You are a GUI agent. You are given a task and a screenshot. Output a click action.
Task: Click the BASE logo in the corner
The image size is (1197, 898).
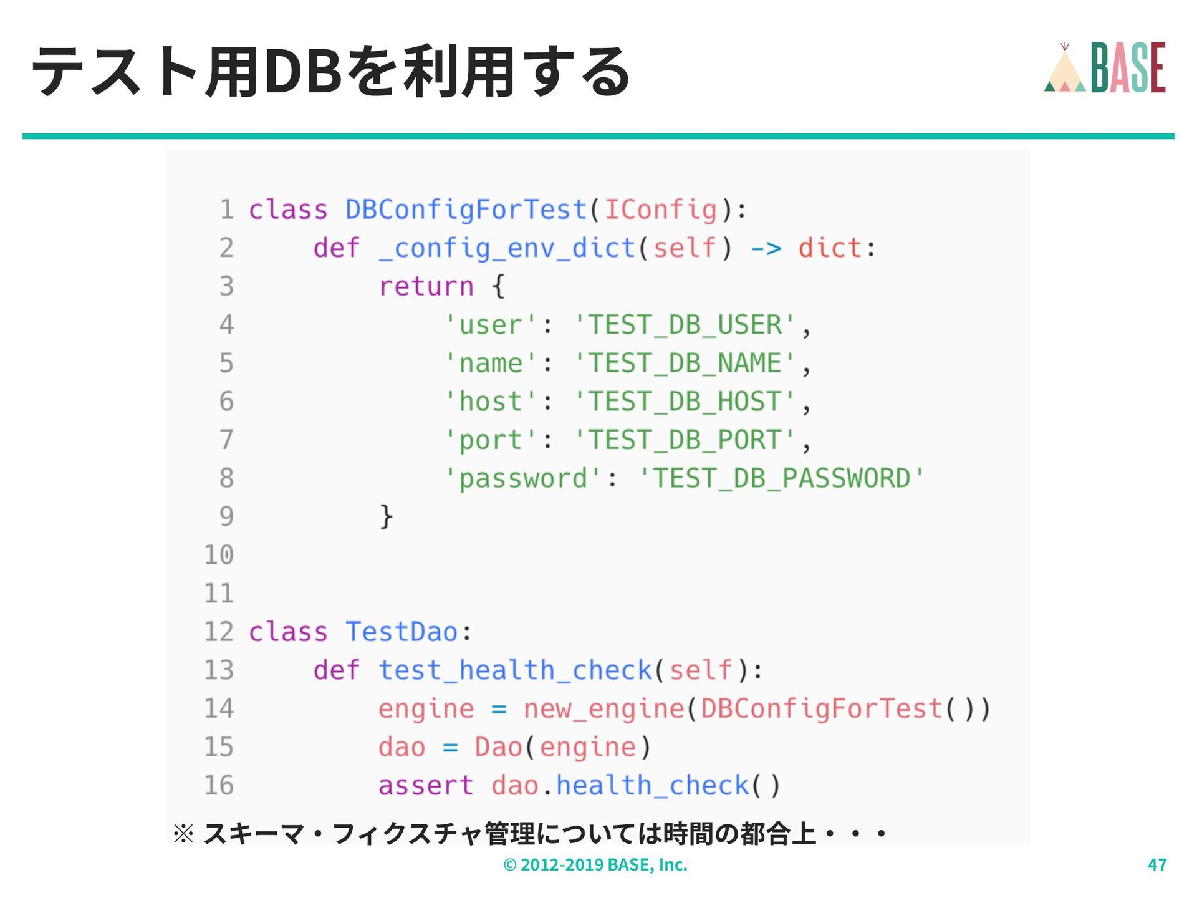[1104, 68]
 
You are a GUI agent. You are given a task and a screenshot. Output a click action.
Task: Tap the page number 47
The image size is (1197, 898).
[1157, 864]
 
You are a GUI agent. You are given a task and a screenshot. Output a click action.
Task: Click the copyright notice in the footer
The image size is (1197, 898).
[595, 864]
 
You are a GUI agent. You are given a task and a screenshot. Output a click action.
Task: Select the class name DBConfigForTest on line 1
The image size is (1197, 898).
[466, 210]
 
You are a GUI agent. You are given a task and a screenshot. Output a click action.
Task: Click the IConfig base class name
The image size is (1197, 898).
[661, 210]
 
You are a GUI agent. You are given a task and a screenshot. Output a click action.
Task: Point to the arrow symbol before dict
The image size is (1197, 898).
[766, 249]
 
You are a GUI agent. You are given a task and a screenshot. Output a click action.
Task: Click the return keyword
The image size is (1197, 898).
[426, 287]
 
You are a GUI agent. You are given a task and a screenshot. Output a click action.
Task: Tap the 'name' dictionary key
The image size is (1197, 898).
[491, 364]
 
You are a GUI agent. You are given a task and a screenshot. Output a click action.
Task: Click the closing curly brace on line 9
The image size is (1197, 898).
[386, 517]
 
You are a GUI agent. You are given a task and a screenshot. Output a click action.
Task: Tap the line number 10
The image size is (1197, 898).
[219, 555]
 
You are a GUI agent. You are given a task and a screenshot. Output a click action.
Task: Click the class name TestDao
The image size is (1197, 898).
[402, 632]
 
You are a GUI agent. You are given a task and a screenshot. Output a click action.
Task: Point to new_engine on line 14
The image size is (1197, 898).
[603, 709]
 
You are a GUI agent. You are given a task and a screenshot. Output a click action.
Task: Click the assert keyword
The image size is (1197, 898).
[426, 786]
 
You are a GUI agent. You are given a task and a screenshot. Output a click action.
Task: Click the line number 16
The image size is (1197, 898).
[219, 786]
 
